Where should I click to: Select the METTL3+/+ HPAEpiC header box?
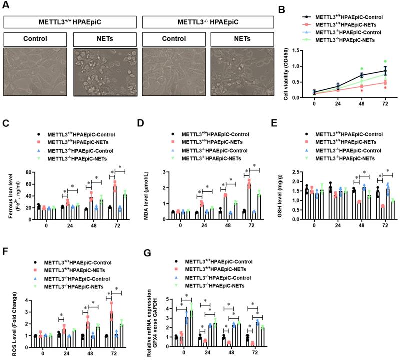pyautogui.click(x=70, y=22)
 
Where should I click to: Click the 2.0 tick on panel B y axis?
pyautogui.click(x=300, y=51)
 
